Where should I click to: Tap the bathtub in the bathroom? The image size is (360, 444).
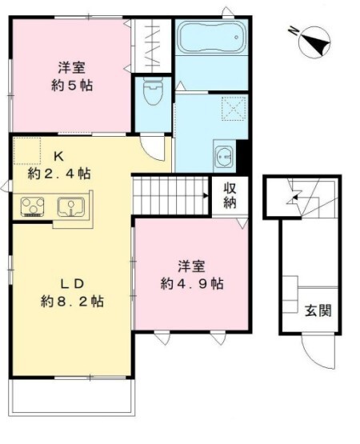(210, 37)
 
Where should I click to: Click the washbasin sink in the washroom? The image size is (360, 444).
(223, 154)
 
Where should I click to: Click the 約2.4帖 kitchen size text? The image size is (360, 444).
(58, 174)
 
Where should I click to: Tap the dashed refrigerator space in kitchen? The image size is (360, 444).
(26, 150)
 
